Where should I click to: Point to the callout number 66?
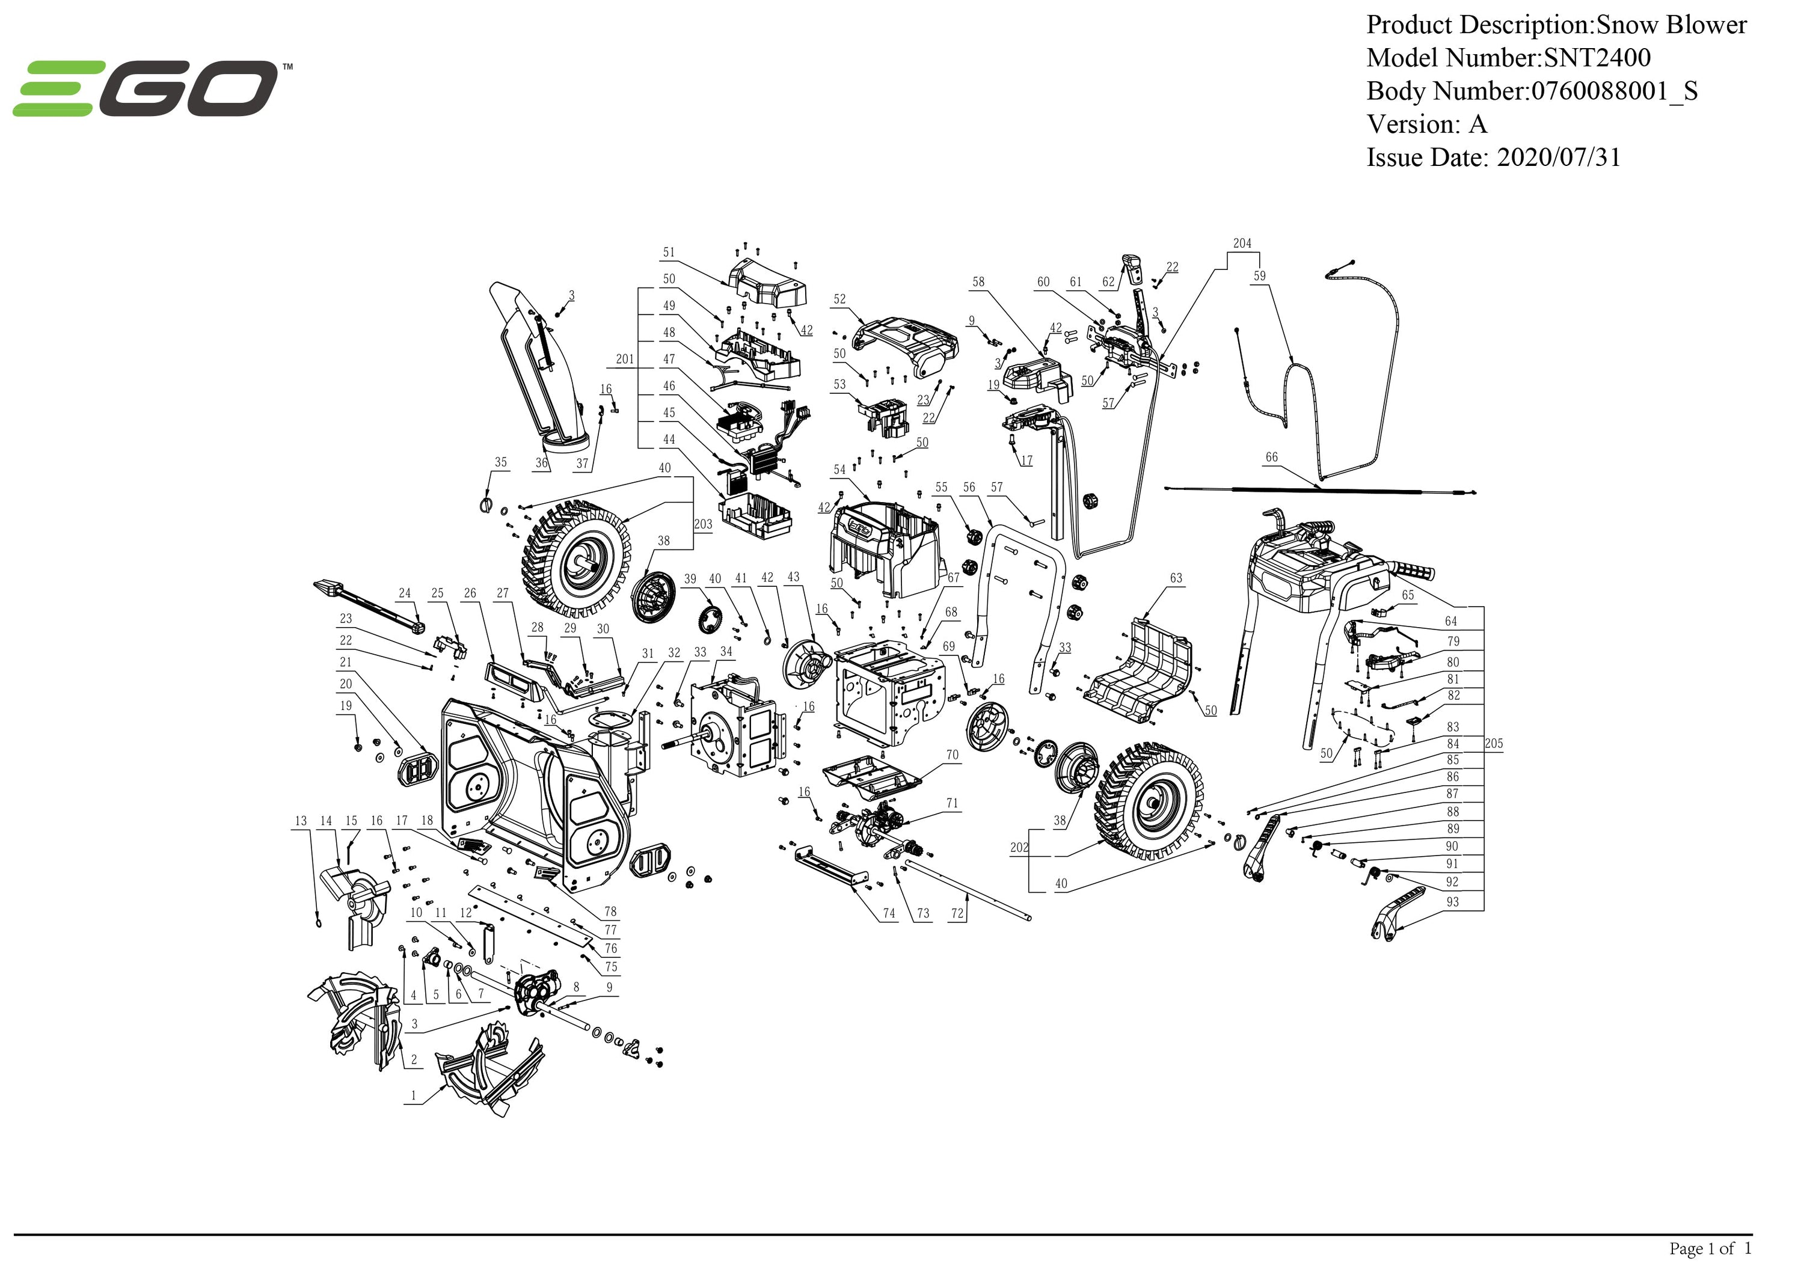[x=1271, y=458]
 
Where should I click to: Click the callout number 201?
[x=625, y=359]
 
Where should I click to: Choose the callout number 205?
[x=1494, y=743]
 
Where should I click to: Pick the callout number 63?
[x=1176, y=578]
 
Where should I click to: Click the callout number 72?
[x=957, y=913]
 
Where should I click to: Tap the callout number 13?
[x=301, y=821]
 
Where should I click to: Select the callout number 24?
[x=405, y=593]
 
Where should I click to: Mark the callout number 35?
[x=500, y=463]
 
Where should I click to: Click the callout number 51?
[x=669, y=253]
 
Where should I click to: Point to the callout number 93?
[x=1452, y=902]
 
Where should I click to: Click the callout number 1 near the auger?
[x=414, y=1095]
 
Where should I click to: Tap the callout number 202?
[x=1019, y=847]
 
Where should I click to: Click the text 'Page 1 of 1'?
[x=1710, y=1248]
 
